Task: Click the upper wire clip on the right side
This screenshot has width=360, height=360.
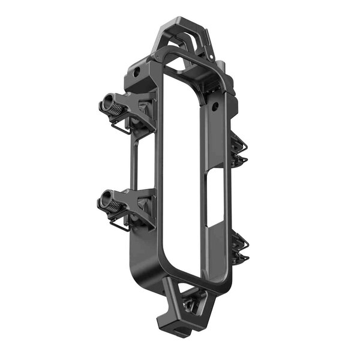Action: (239, 151)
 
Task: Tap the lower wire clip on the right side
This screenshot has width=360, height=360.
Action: (241, 248)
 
